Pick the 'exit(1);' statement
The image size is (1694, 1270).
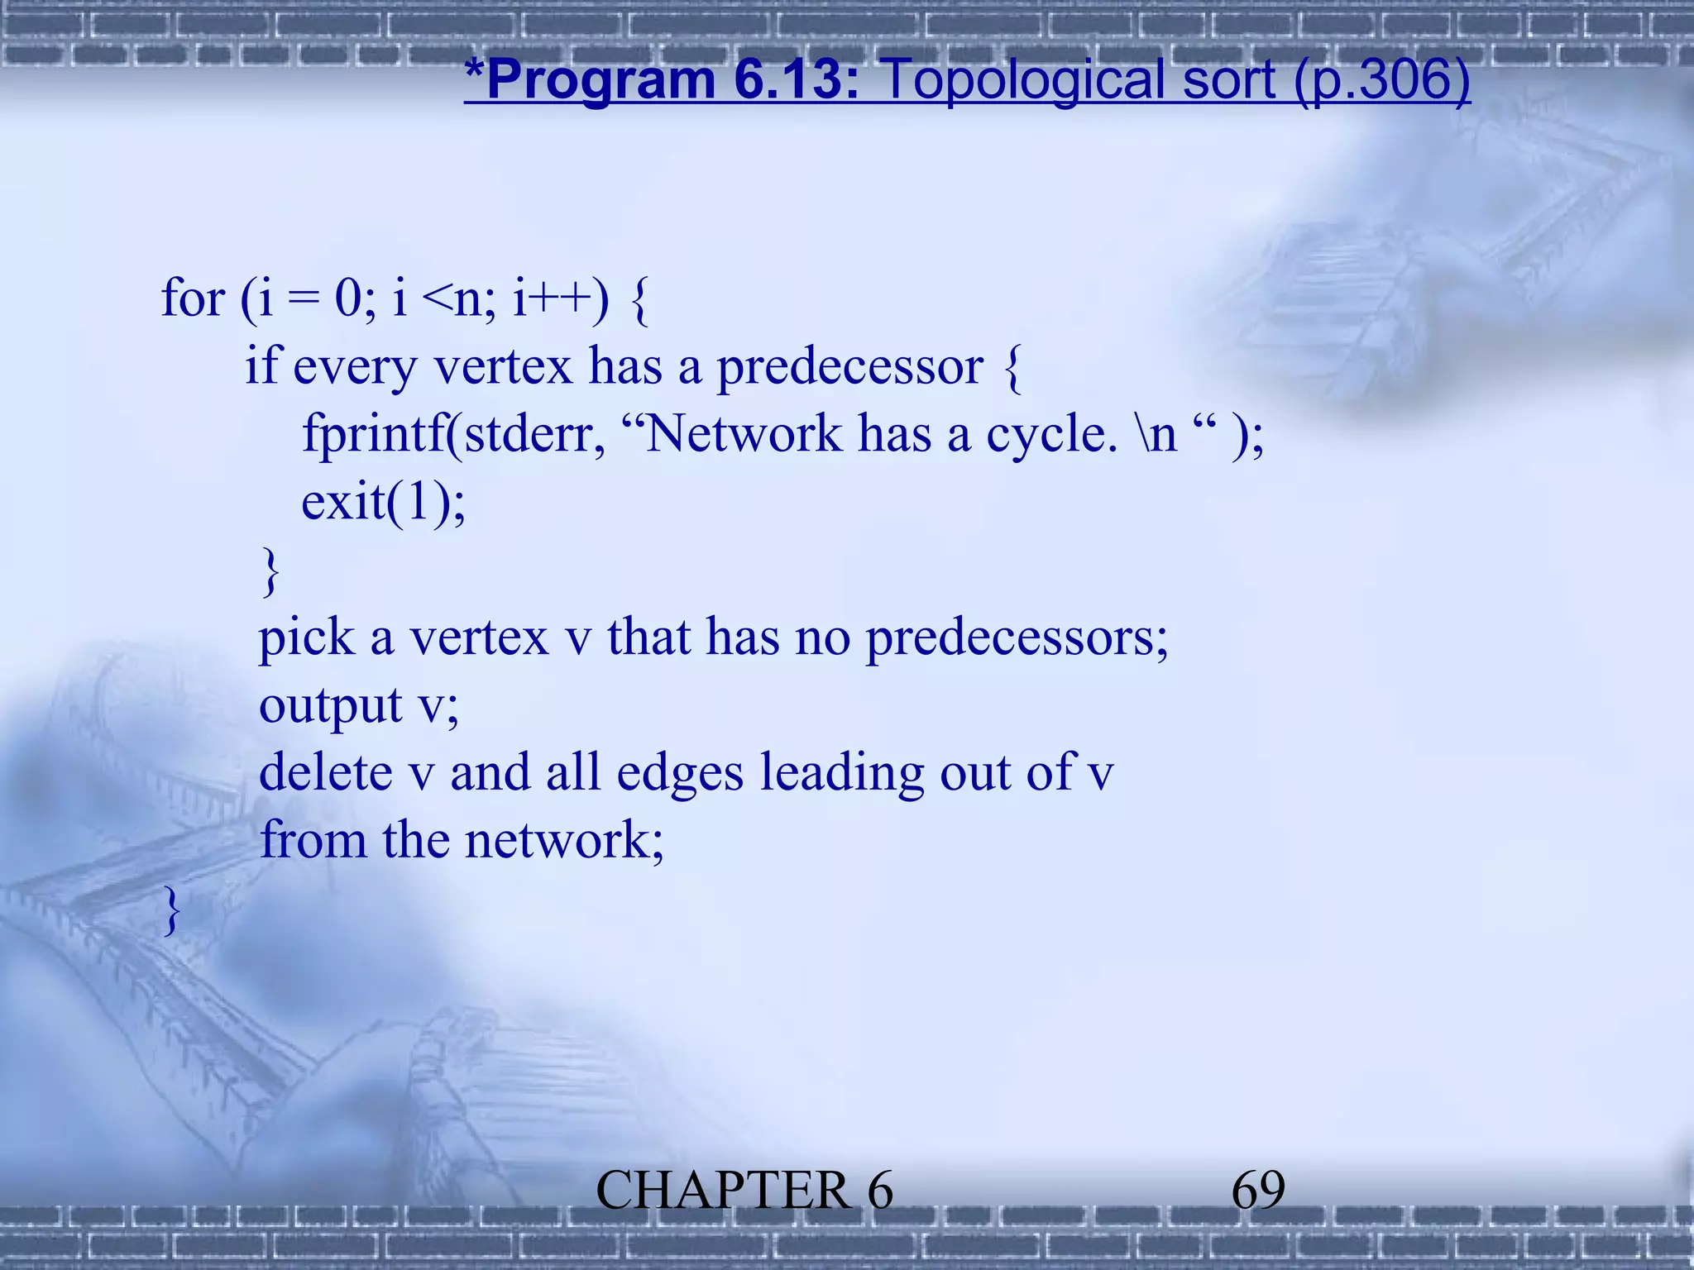(x=383, y=502)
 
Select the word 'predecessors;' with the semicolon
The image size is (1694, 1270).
(x=1017, y=639)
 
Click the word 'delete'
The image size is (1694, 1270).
(x=326, y=773)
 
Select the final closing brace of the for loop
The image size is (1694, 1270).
(x=171, y=910)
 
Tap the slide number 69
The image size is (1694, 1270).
(x=1257, y=1191)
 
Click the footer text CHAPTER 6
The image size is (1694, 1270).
(x=744, y=1191)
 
